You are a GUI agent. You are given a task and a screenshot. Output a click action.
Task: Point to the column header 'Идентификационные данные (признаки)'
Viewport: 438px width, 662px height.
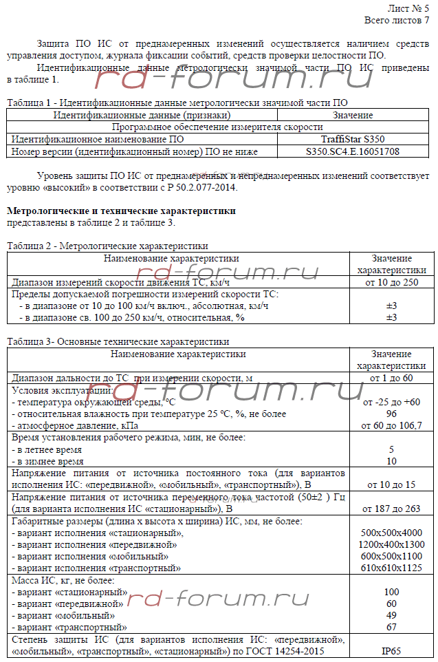click(x=142, y=116)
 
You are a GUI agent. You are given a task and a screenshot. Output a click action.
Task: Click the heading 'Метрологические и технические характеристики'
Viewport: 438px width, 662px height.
click(x=121, y=211)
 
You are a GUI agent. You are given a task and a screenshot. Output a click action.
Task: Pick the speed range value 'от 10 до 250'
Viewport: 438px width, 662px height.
click(x=391, y=282)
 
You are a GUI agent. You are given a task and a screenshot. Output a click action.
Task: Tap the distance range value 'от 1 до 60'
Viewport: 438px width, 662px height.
click(x=391, y=378)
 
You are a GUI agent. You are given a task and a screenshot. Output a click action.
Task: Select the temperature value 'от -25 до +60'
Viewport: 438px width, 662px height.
click(x=391, y=402)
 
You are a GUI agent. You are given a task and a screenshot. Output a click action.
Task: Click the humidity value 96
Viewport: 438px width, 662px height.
click(x=391, y=414)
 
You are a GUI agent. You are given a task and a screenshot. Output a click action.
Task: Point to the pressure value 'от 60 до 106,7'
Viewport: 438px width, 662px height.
click(x=391, y=426)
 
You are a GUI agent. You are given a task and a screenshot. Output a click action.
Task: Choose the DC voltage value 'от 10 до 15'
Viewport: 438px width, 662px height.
click(x=391, y=485)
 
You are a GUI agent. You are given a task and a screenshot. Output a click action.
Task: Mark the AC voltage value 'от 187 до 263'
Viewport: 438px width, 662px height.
click(x=391, y=509)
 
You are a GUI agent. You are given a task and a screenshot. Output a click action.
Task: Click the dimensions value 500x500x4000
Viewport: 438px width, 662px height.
click(x=391, y=533)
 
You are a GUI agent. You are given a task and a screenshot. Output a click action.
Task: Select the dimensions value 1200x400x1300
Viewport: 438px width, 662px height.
click(x=391, y=544)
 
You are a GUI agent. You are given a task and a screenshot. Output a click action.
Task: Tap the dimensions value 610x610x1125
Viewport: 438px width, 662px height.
click(x=391, y=568)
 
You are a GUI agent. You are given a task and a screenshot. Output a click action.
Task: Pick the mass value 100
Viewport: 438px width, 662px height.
click(x=391, y=592)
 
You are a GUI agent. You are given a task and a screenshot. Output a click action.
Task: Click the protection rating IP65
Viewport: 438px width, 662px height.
click(x=391, y=651)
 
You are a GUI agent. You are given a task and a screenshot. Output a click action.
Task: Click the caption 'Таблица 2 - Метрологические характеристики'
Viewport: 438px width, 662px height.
click(x=107, y=246)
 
